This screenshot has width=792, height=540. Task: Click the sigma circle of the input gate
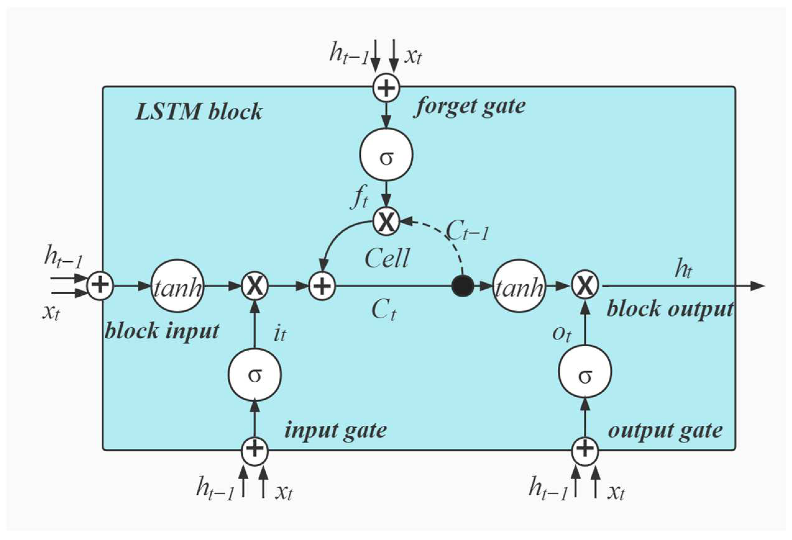pyautogui.click(x=254, y=374)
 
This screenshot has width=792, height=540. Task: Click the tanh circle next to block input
pyautogui.click(x=177, y=286)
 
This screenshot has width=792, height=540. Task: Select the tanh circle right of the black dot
pyautogui.click(x=519, y=286)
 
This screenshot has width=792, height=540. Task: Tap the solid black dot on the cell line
pyautogui.click(x=462, y=286)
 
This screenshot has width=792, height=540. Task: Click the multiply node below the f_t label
pyautogui.click(x=386, y=222)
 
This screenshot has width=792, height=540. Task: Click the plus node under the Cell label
pyautogui.click(x=322, y=286)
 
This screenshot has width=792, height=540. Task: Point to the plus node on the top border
pyautogui.click(x=386, y=88)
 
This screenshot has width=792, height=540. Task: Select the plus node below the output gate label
pyautogui.click(x=585, y=452)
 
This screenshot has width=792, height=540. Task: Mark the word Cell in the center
pyautogui.click(x=387, y=259)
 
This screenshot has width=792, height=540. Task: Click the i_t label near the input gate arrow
pyautogui.click(x=280, y=334)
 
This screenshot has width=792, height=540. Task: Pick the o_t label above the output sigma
pyautogui.click(x=561, y=334)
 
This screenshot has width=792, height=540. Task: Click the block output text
pyautogui.click(x=670, y=309)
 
